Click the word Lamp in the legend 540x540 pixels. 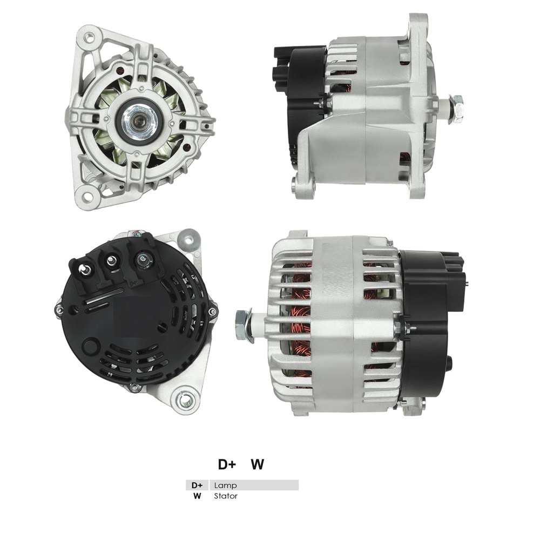(225, 485)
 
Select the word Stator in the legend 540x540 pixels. (225, 496)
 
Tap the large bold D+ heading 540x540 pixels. (226, 464)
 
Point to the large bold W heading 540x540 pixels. (258, 464)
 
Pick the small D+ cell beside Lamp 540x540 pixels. (198, 485)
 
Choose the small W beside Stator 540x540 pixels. (198, 496)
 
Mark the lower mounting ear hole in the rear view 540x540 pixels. (184, 400)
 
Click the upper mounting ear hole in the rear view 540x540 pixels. (189, 236)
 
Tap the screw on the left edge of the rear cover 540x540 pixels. (59, 309)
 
